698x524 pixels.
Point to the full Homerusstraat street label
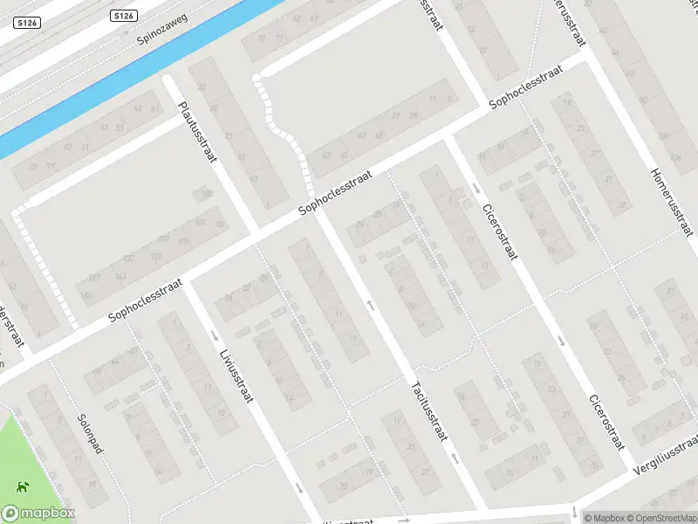[x=671, y=199]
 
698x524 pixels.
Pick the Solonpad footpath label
[x=90, y=434]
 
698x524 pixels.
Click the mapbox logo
[x=38, y=514]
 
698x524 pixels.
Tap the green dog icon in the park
[x=21, y=486]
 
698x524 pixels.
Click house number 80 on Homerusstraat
[x=644, y=99]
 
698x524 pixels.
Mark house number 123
[x=156, y=256]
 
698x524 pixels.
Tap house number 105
[x=182, y=241]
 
